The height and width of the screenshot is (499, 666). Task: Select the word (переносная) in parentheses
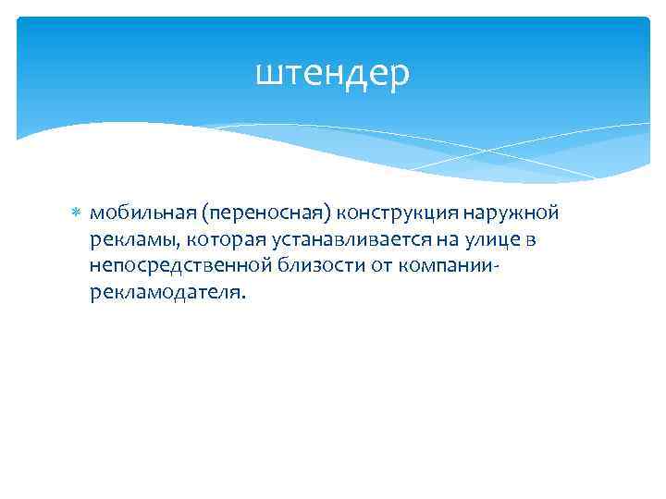pos(267,213)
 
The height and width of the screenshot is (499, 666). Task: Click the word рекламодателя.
pos(169,293)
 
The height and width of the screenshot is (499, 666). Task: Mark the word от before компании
pos(377,266)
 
